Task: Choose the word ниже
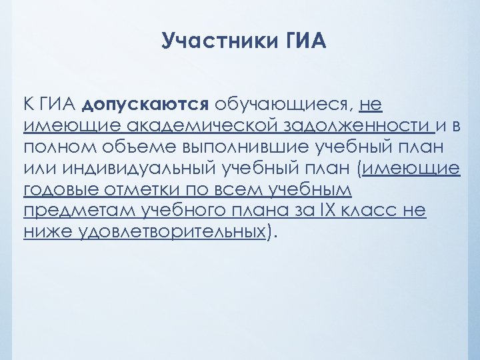47,232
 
